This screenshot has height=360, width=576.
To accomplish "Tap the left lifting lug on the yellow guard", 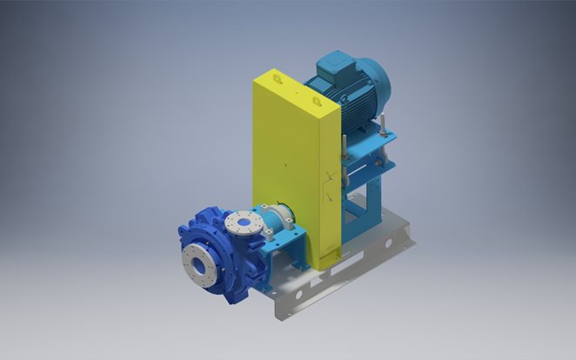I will pos(278,79).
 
